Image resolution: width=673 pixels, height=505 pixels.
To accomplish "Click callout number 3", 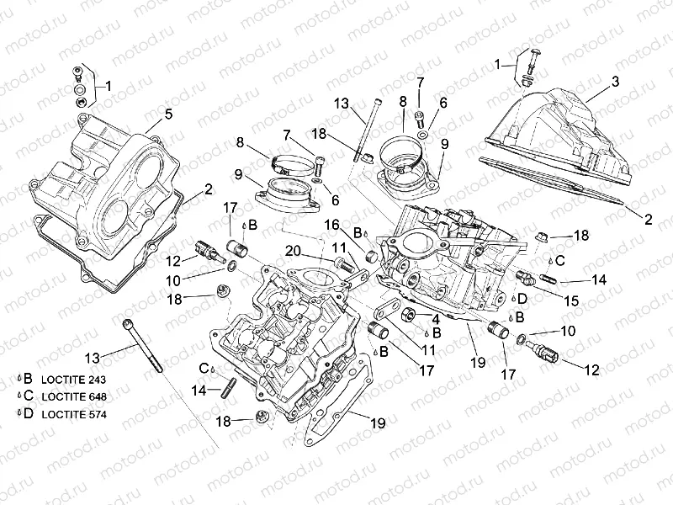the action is (615, 81).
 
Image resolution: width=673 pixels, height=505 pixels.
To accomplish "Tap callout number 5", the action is (168, 114).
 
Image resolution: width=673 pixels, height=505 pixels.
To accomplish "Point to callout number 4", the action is (436, 319).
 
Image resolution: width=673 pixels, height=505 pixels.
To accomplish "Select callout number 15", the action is (571, 300).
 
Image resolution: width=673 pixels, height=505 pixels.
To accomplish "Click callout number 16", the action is (331, 225).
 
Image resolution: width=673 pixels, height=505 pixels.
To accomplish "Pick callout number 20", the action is (293, 250).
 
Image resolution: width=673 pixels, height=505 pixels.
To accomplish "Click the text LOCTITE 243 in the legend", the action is (73, 380).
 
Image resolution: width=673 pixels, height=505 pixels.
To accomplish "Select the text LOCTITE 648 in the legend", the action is (74, 396).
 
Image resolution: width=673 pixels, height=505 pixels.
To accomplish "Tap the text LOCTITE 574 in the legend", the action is (74, 414).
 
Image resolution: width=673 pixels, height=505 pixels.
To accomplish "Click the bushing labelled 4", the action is (410, 316).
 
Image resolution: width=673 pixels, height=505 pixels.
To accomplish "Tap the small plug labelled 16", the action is (371, 256).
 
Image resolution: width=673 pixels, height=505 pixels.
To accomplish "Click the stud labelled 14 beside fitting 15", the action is (550, 279).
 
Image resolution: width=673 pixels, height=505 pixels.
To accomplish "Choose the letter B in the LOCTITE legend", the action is (28, 378).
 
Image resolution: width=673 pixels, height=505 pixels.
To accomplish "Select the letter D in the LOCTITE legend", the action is (28, 413).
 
